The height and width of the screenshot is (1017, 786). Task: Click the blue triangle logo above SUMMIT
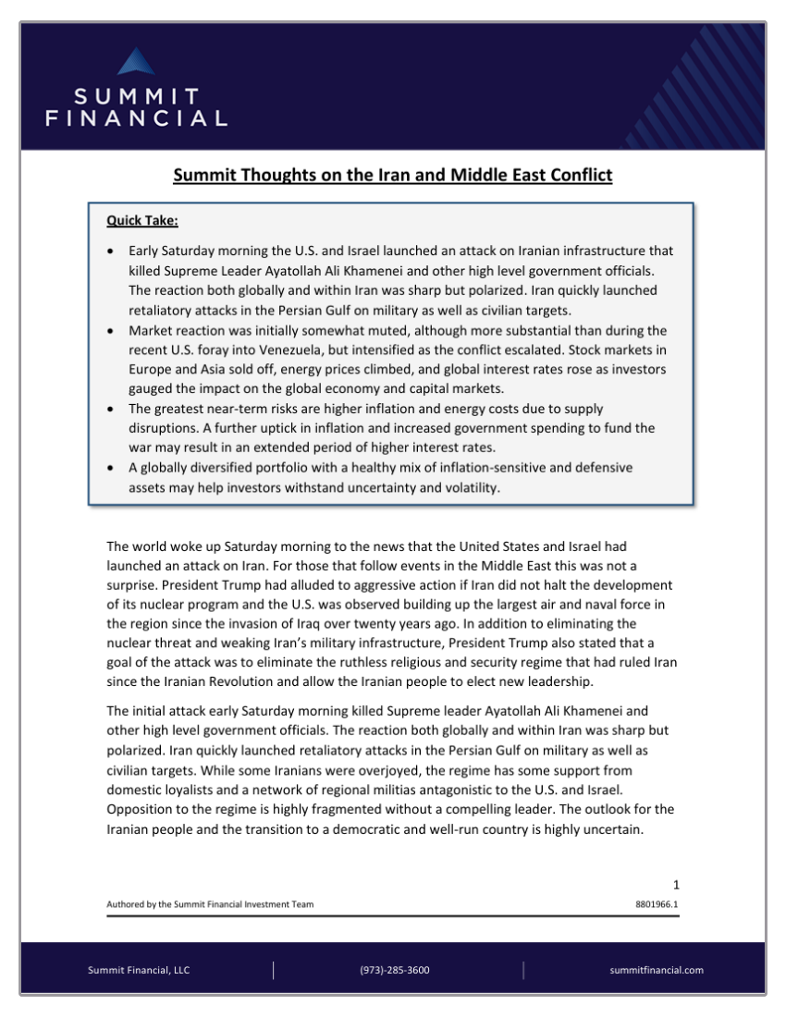click(136, 62)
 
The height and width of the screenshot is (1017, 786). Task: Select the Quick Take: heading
click(142, 220)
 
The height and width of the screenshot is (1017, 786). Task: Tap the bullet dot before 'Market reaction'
click(112, 330)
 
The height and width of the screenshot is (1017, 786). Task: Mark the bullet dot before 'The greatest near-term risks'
click(112, 409)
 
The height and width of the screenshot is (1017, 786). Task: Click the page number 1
click(676, 885)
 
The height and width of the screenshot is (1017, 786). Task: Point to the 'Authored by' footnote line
click(209, 904)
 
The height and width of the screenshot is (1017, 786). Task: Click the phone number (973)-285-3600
click(394, 970)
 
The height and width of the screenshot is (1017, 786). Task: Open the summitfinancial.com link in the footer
click(657, 970)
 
